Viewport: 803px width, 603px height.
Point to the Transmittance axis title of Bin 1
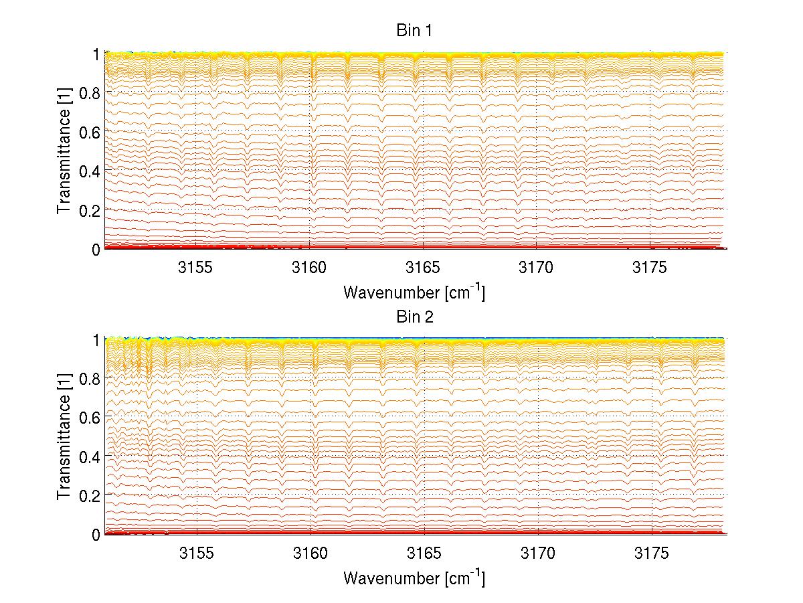[64, 151]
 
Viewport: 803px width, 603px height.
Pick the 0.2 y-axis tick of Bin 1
[90, 209]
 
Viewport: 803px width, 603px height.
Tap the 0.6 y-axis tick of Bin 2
[90, 417]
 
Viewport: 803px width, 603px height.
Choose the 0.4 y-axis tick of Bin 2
[90, 456]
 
